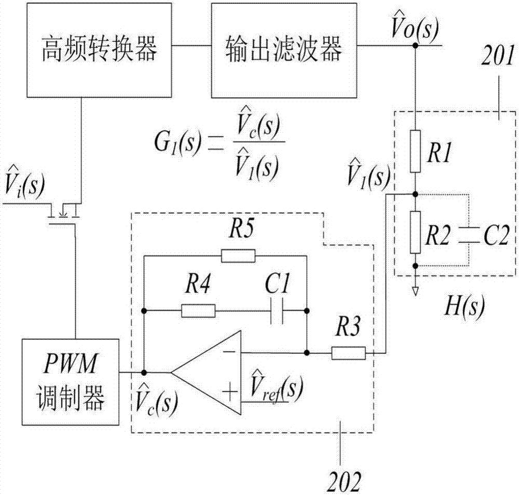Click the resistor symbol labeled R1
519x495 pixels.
[x=415, y=152]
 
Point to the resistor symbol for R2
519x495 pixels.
[x=415, y=231]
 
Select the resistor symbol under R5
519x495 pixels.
[x=238, y=255]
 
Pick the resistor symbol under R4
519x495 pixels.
[x=198, y=311]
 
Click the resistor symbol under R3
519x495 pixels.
[x=349, y=353]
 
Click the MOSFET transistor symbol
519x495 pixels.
[x=63, y=213]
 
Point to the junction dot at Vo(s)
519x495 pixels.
[x=415, y=46]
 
